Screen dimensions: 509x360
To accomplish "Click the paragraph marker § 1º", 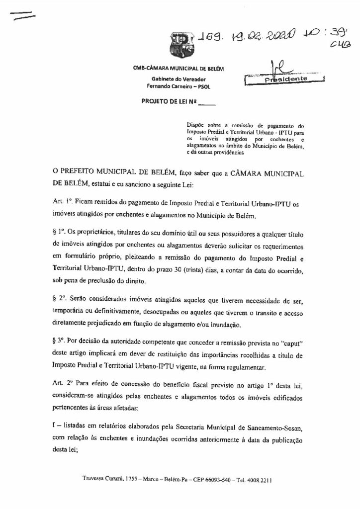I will click(x=61, y=231).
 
